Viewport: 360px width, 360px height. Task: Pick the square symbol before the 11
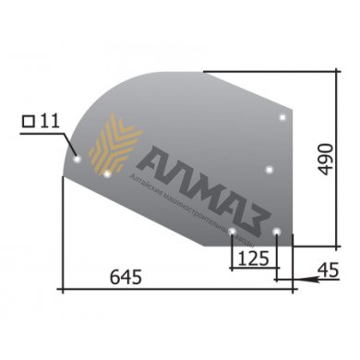28,120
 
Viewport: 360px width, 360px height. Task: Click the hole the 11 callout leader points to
78,157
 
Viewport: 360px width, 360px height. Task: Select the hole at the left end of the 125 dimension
232,231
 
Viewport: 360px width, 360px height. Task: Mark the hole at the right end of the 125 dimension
276,231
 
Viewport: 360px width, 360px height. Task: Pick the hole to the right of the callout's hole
108,173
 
